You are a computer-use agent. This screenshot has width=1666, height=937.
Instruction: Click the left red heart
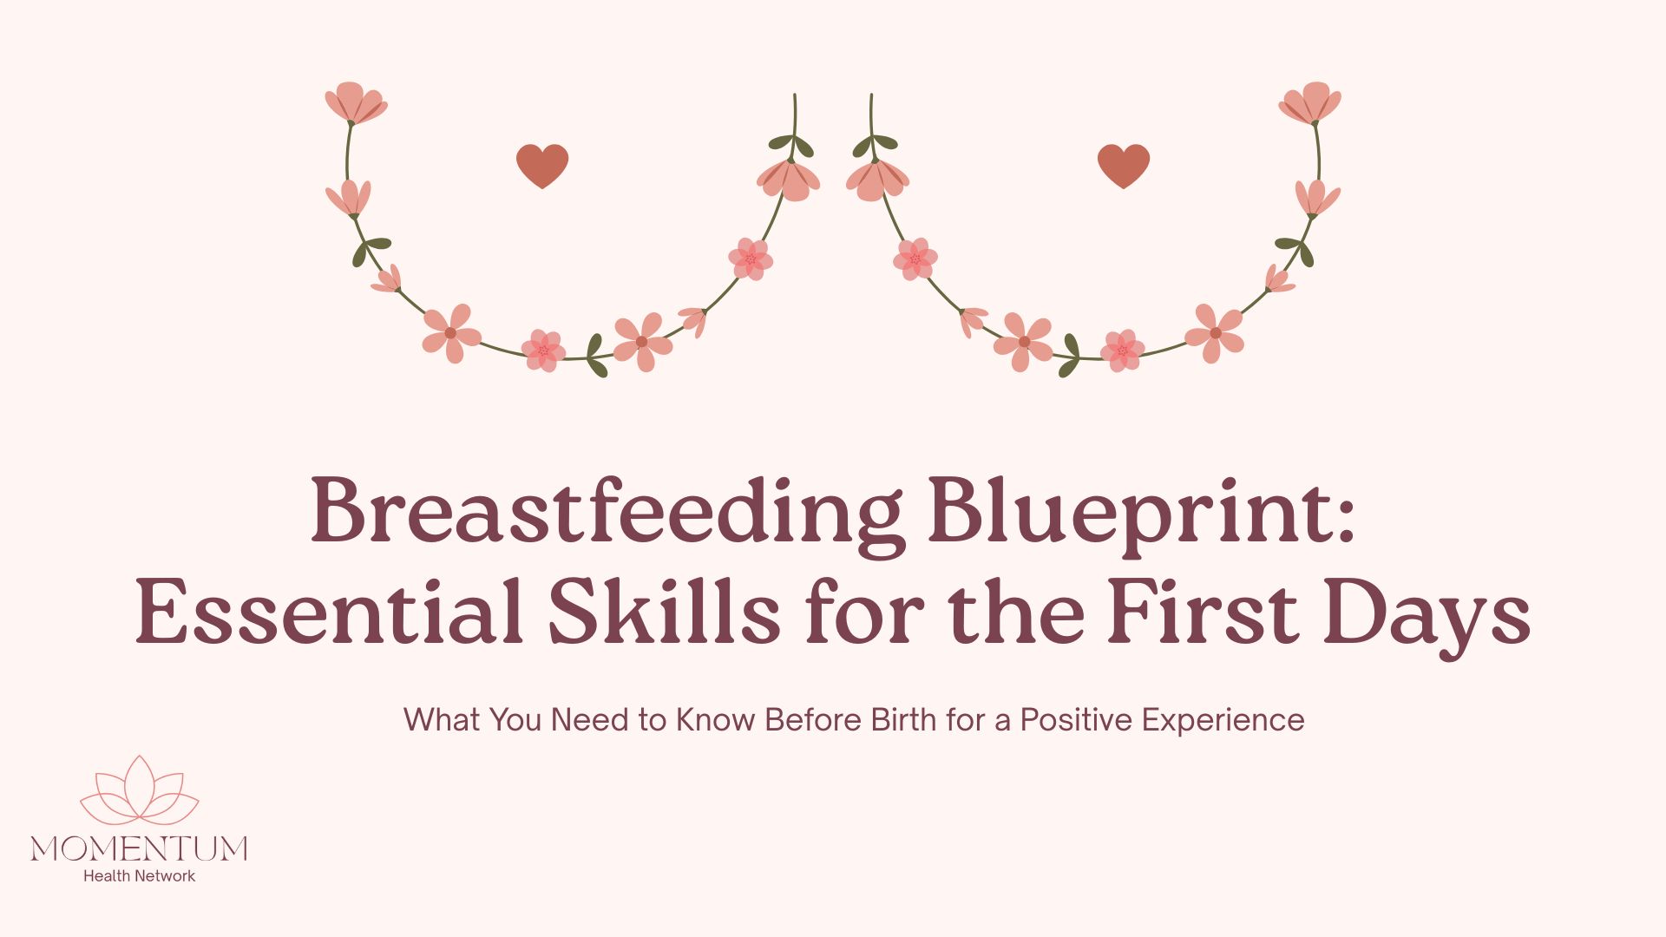point(542,166)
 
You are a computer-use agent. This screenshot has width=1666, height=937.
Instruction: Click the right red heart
point(1124,166)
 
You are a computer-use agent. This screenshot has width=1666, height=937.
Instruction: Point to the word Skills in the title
point(665,612)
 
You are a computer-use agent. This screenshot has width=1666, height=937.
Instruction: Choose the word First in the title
point(1203,612)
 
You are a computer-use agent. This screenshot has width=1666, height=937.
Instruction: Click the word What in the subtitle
point(443,720)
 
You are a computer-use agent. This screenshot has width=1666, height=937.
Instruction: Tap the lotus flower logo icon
point(140,790)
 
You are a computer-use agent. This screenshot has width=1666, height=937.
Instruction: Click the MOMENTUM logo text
point(139,848)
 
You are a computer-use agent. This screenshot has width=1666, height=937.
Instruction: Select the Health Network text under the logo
point(139,876)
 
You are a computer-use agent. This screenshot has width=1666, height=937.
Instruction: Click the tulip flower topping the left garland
point(356,103)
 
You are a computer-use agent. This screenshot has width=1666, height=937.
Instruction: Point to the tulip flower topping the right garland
point(1310,103)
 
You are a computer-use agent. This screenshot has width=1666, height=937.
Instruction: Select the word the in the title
point(1016,612)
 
